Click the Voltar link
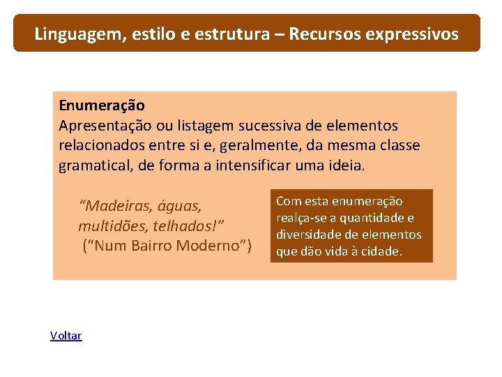[66, 336]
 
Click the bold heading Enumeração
[102, 105]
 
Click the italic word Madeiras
[114, 206]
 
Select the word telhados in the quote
[181, 226]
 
